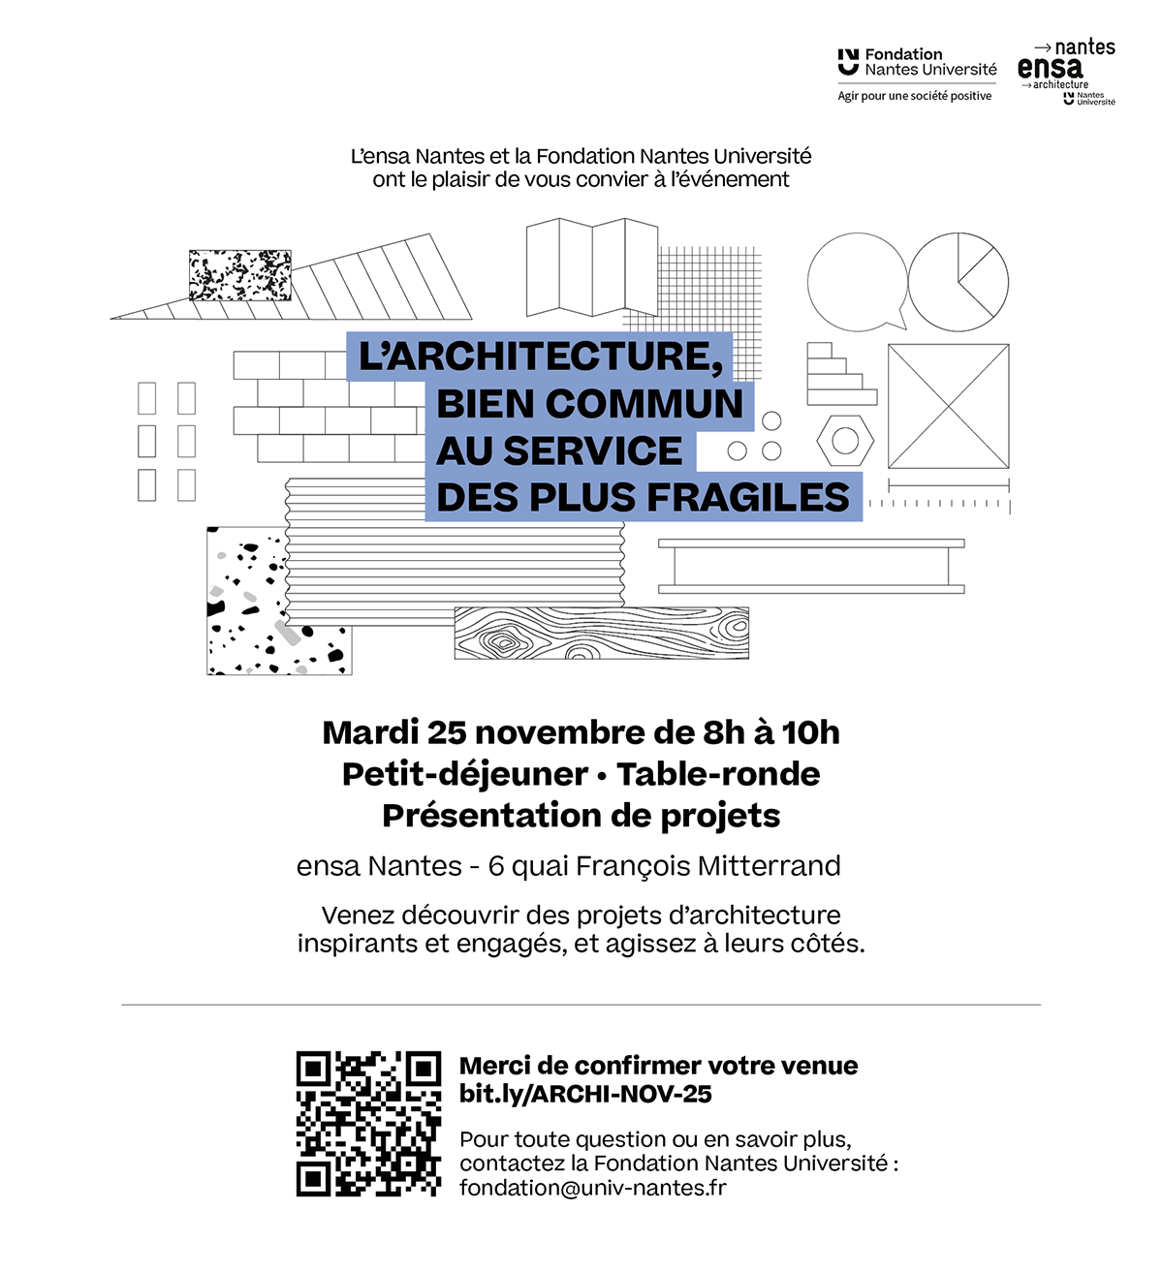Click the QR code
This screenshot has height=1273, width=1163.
[368, 1124]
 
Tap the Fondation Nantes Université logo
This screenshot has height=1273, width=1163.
[916, 64]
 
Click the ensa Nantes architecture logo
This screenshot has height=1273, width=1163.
[1066, 73]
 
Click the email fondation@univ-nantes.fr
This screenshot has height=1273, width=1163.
[592, 1188]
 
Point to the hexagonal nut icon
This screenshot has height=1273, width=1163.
[845, 441]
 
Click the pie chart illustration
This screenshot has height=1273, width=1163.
[959, 281]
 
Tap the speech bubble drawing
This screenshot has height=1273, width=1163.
[857, 281]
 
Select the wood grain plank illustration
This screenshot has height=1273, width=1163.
[601, 634]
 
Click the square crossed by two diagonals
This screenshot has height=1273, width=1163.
[948, 406]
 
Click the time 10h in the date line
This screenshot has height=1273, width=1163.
[810, 732]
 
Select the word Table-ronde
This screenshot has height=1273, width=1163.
[718, 774]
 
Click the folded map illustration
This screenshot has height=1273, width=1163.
[591, 267]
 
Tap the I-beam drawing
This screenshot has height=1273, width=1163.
[811, 566]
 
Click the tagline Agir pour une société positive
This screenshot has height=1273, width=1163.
[914, 96]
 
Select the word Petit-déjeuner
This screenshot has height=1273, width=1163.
[465, 774]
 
